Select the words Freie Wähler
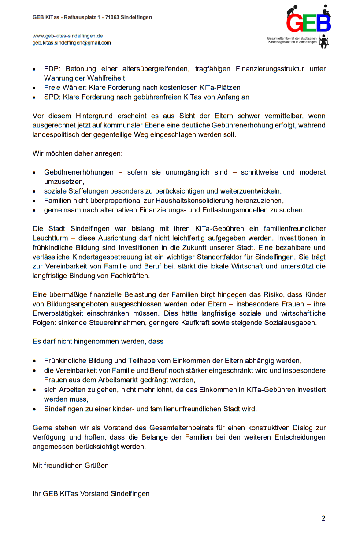tap(63, 88)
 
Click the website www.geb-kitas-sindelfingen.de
tap(68, 36)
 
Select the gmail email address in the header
tap(72, 43)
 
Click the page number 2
tap(323, 518)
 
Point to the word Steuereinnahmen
tap(91, 323)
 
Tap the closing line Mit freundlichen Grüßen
tap(71, 465)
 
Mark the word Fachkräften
tap(130, 276)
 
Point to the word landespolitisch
tap(56, 135)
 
